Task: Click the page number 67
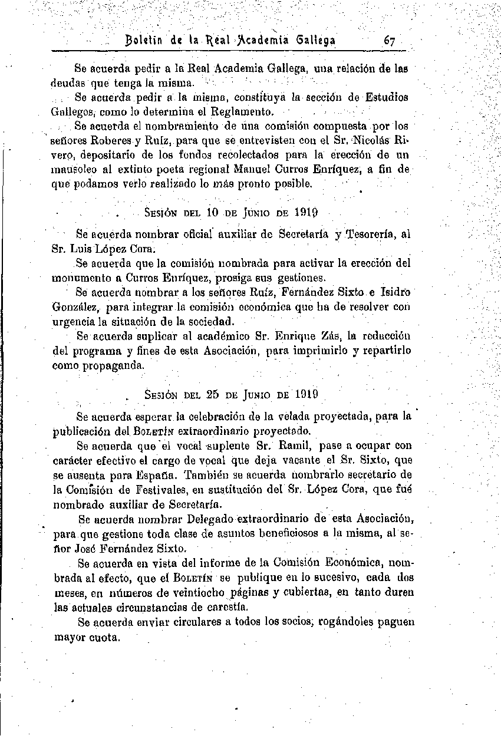(x=389, y=41)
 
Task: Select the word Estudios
(x=386, y=97)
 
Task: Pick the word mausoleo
(x=74, y=170)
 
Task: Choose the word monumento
(x=78, y=277)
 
